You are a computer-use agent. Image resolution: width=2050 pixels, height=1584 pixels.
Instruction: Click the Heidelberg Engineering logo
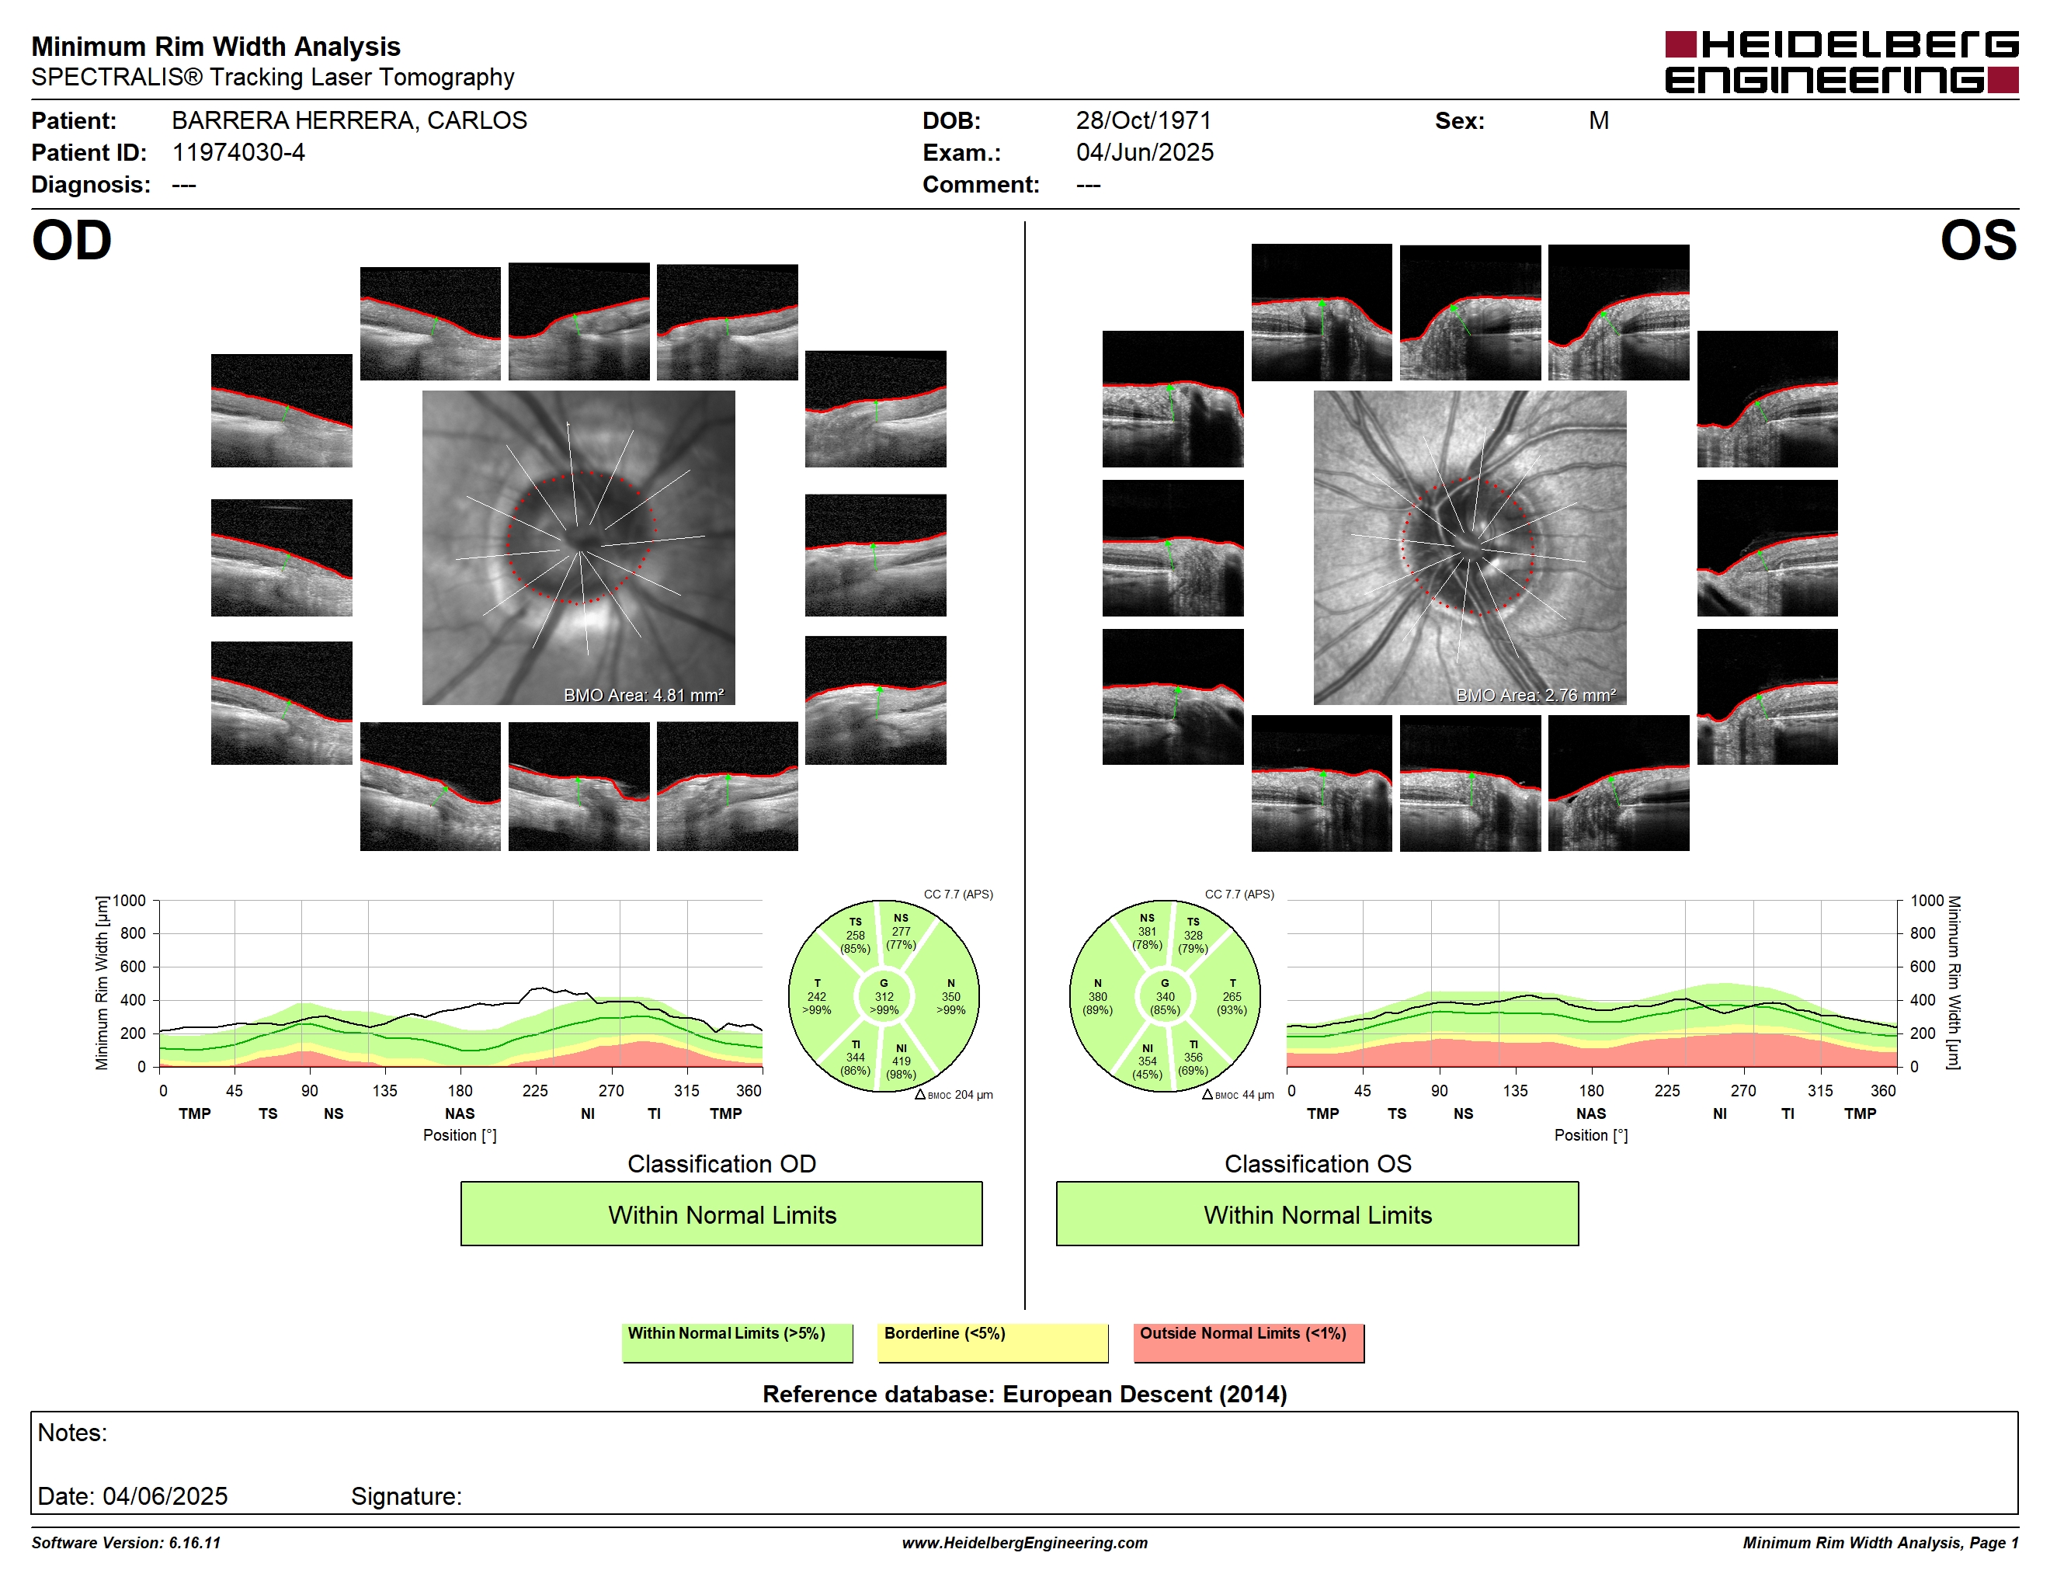point(1842,62)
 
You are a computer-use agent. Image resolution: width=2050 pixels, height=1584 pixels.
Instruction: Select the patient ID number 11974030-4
point(238,152)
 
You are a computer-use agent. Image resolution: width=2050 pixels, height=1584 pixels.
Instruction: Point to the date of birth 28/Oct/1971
point(1143,120)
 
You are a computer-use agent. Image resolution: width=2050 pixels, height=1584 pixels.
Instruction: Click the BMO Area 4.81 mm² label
point(644,696)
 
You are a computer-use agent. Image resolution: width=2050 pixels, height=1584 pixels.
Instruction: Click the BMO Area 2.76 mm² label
point(1536,696)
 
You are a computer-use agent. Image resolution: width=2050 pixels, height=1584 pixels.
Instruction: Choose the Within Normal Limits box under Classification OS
point(1318,1214)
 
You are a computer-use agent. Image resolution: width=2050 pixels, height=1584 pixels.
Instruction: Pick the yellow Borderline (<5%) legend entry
point(993,1342)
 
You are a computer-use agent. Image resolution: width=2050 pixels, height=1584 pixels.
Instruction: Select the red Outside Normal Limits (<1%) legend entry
point(1249,1342)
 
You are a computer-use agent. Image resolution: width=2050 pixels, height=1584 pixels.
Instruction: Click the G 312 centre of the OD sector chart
point(884,996)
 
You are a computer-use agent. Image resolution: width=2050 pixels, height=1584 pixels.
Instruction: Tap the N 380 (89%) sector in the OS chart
point(1097,996)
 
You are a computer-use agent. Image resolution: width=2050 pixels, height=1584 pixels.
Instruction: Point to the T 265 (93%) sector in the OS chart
point(1232,996)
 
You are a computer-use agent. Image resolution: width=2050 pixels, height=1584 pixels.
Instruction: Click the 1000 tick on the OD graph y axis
point(130,901)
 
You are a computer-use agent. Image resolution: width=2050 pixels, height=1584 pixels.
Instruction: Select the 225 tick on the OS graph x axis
point(1667,1090)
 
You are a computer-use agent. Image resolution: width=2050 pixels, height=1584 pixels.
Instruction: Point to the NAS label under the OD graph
point(460,1114)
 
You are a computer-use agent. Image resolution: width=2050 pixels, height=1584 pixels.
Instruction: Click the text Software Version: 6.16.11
point(126,1543)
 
